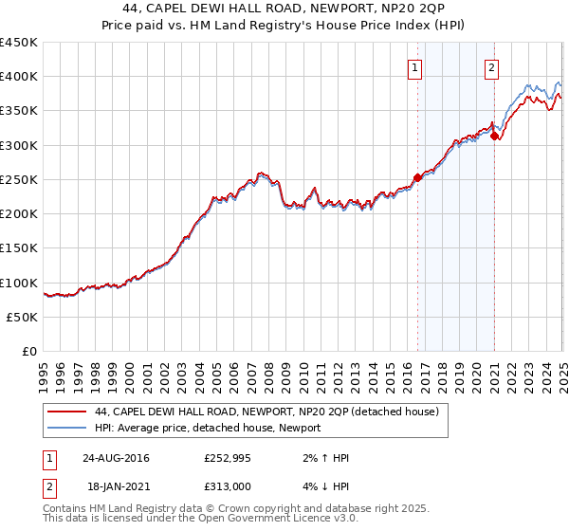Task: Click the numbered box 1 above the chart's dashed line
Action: pyautogui.click(x=415, y=66)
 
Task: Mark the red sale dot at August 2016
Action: pyautogui.click(x=417, y=177)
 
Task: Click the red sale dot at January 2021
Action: pyautogui.click(x=494, y=137)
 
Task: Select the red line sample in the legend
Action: pyautogui.click(x=66, y=412)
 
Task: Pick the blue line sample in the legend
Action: pyautogui.click(x=66, y=428)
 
